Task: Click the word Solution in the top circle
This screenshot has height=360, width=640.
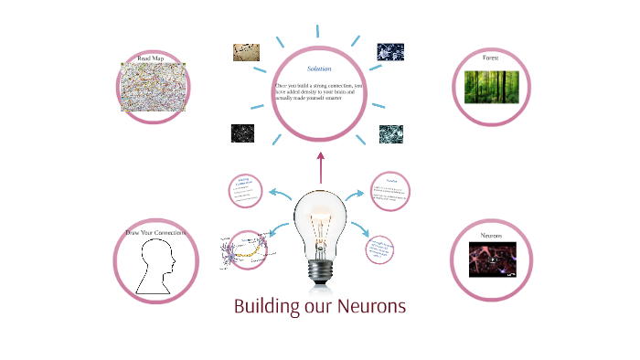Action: point(319,69)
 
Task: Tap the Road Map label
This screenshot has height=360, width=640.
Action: point(151,58)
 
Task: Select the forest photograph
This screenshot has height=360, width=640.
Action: point(491,87)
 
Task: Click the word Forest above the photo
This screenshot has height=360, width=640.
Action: point(491,58)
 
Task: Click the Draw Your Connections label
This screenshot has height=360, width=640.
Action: point(155,233)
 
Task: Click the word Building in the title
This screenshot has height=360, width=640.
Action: point(270,307)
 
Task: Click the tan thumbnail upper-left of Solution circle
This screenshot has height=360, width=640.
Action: point(246,52)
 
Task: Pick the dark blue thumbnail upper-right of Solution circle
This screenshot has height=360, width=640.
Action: point(390,51)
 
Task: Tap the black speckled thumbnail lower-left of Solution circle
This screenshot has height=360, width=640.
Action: point(241,133)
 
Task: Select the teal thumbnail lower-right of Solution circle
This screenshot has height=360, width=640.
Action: point(390,134)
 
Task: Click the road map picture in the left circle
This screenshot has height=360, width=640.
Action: point(152,89)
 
